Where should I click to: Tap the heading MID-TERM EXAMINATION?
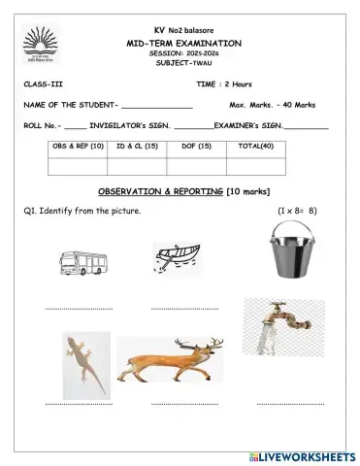[184, 44]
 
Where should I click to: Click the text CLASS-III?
[45, 84]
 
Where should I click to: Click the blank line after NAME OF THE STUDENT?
[157, 106]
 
